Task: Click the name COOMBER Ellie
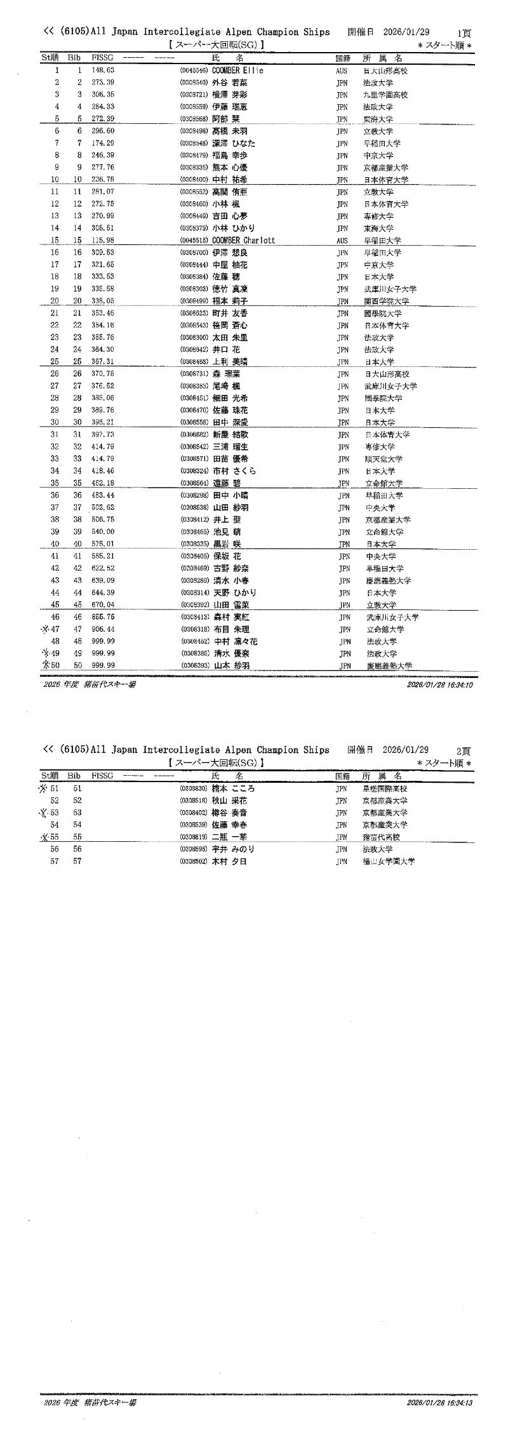(x=237, y=70)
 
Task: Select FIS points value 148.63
(x=102, y=70)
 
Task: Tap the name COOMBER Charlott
(x=243, y=241)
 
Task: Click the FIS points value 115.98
(x=102, y=241)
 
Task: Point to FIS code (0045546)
(x=194, y=70)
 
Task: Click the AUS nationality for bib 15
(x=342, y=241)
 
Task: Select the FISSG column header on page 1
(x=102, y=58)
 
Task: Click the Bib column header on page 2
(x=74, y=776)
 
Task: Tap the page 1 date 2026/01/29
(x=406, y=32)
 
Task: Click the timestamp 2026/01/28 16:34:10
(x=439, y=685)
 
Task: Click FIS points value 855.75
(x=102, y=617)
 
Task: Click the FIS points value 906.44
(x=102, y=629)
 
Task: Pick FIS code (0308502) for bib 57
(x=194, y=861)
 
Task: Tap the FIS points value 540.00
(x=102, y=532)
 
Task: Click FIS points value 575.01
(x=102, y=544)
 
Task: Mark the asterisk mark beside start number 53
(x=43, y=813)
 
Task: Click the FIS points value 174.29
(x=102, y=143)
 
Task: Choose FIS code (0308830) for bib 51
(x=194, y=788)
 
